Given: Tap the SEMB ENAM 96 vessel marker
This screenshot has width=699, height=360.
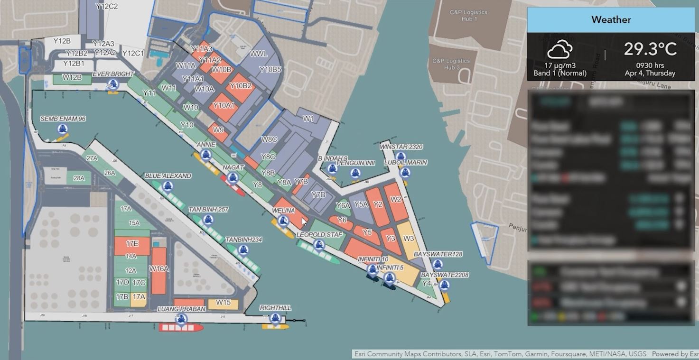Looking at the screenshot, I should click(x=62, y=129).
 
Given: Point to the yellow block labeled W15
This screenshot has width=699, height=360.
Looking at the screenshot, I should click(x=223, y=303).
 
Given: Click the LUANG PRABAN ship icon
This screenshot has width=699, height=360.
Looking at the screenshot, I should click(x=181, y=319).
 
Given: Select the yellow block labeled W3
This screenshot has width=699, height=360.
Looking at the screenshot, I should click(x=409, y=239).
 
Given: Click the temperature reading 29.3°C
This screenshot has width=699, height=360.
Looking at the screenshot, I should click(x=650, y=49).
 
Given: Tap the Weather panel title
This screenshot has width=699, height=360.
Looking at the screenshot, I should click(x=611, y=20).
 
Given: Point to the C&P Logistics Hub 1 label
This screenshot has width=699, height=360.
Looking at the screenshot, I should click(x=468, y=16).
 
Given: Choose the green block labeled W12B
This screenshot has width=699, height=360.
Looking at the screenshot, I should click(x=72, y=78).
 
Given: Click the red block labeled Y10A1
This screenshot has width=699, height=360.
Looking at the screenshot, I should click(x=224, y=105).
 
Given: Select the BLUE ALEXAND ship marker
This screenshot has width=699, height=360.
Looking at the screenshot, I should click(x=167, y=186).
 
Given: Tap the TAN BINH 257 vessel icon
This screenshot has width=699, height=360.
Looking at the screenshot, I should click(x=208, y=220).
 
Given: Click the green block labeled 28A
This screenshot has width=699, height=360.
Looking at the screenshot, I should click(x=79, y=179).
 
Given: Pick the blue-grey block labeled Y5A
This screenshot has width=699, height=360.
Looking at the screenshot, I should click(x=361, y=205).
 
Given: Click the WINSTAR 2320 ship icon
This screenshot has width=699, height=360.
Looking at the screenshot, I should click(x=401, y=157).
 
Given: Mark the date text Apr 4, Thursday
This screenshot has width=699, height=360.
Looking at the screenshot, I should click(x=650, y=74).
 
